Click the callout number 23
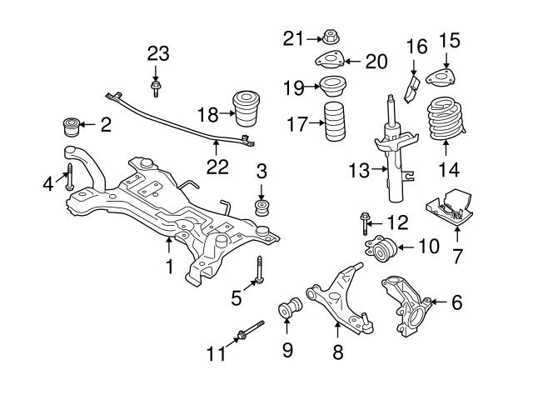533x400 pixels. coord(158,54)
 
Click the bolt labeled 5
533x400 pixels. coord(261,272)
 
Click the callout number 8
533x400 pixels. coord(337,352)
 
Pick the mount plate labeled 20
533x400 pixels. coord(331,61)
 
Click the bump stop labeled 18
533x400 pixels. coord(247,110)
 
